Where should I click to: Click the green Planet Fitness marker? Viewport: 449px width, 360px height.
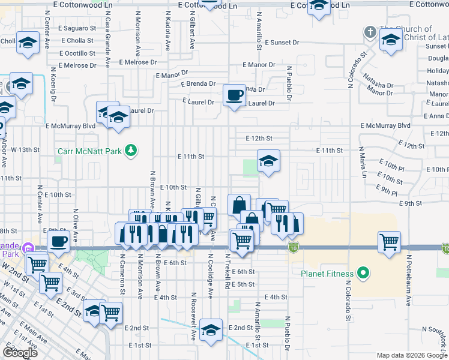(363, 275)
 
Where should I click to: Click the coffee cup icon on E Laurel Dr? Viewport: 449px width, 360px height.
(234, 95)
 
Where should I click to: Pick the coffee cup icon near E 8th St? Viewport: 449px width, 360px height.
(58, 241)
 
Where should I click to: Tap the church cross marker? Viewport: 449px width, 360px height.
(370, 31)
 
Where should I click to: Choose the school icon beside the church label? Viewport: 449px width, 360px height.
(391, 41)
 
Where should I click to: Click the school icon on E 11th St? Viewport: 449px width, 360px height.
(268, 161)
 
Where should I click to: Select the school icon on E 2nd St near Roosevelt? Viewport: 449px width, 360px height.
(211, 331)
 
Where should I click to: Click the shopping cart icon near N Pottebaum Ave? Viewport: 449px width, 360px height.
(390, 242)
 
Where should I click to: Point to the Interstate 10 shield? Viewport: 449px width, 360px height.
(293, 247)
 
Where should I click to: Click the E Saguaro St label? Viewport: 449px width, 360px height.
(77, 28)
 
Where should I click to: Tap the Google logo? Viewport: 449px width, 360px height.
(20, 353)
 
